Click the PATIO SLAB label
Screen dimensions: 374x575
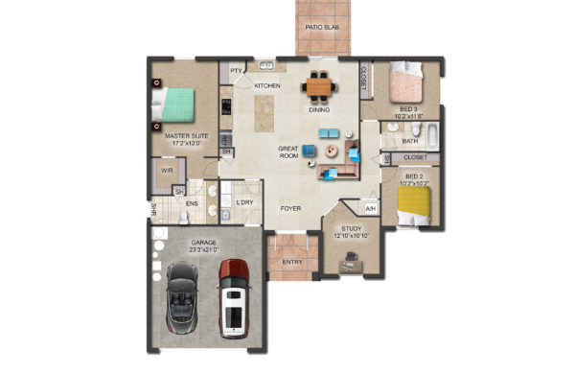(323, 28)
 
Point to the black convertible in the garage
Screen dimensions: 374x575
(183, 295)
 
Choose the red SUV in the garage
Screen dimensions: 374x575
(234, 297)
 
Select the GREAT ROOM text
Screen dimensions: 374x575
(290, 152)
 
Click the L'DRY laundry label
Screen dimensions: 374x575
(244, 203)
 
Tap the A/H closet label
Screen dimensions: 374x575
(370, 208)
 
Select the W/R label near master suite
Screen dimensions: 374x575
(167, 170)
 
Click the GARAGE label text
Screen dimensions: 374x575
(203, 242)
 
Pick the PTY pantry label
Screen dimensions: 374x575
(236, 71)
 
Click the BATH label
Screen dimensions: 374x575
(409, 141)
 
